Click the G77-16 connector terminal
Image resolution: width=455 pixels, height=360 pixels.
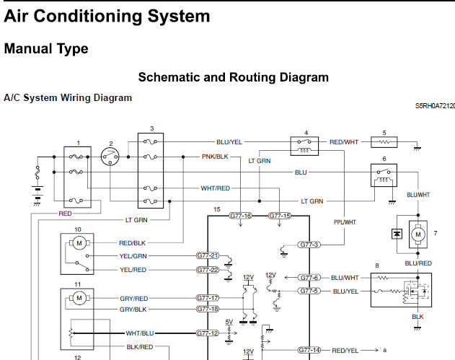coord(240,216)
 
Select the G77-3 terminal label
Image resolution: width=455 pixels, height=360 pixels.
coord(309,245)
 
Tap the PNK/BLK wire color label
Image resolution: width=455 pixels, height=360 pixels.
coord(215,157)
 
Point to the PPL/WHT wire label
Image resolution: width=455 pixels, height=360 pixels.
coord(345,222)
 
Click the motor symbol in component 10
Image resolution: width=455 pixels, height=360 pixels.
coord(79,243)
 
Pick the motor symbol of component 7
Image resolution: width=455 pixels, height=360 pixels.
coord(418,234)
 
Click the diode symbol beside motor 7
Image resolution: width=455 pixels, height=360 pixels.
coord(397,234)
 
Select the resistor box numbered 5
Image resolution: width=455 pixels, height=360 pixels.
coord(384,142)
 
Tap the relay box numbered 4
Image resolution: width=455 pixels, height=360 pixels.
coord(304,146)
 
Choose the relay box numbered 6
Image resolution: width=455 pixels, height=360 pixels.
coord(384,175)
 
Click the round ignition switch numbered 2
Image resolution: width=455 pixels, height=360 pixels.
coord(110,157)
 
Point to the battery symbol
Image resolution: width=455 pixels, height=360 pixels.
coord(37,193)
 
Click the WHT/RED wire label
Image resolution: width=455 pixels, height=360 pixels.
coord(216,188)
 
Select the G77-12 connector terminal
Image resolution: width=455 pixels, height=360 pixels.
coord(208,333)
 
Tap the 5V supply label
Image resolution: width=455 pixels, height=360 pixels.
coord(229,322)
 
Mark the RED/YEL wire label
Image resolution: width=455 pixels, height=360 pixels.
coord(345,351)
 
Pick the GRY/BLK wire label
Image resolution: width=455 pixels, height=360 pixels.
coord(133,309)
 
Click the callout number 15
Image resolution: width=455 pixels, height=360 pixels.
coord(217,209)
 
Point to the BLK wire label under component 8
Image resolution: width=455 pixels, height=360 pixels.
coord(418,317)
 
